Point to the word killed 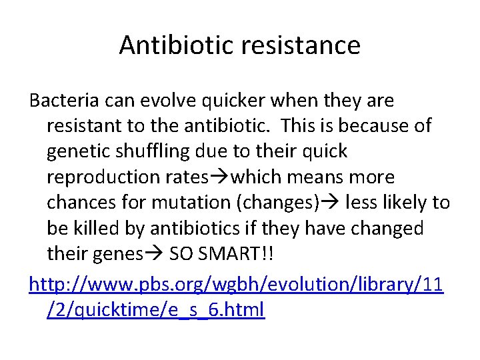point(98,228)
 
